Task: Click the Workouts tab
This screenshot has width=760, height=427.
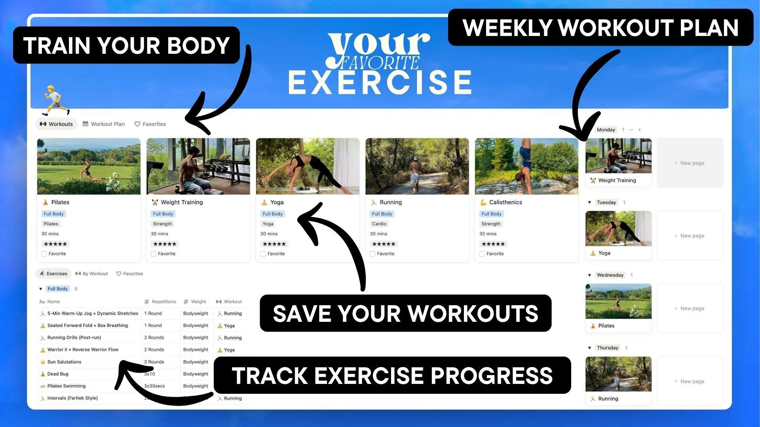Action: (x=57, y=124)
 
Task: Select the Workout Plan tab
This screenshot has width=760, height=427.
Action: (x=104, y=124)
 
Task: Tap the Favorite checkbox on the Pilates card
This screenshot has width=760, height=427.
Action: (x=44, y=254)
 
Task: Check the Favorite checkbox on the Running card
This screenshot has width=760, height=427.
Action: (x=372, y=254)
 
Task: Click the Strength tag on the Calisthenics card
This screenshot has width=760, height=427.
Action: (x=491, y=224)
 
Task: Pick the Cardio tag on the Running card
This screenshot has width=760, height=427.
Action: (x=379, y=224)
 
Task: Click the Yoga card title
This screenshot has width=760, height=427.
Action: (x=277, y=202)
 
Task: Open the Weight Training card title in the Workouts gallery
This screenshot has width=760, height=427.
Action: (x=182, y=202)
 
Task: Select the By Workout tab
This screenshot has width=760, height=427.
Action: (x=92, y=274)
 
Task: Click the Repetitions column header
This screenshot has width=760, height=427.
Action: (x=163, y=302)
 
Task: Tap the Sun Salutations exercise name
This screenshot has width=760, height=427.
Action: (x=64, y=362)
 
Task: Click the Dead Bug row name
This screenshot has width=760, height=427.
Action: (x=58, y=374)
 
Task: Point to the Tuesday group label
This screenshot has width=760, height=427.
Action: (x=606, y=202)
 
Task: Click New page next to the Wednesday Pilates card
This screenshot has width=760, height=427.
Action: (x=690, y=308)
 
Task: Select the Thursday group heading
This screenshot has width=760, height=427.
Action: (x=607, y=348)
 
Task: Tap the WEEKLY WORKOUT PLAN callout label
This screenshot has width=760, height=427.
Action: (x=600, y=28)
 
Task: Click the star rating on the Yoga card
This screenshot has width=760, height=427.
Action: (x=274, y=244)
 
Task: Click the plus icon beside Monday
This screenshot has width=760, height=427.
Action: (x=640, y=130)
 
